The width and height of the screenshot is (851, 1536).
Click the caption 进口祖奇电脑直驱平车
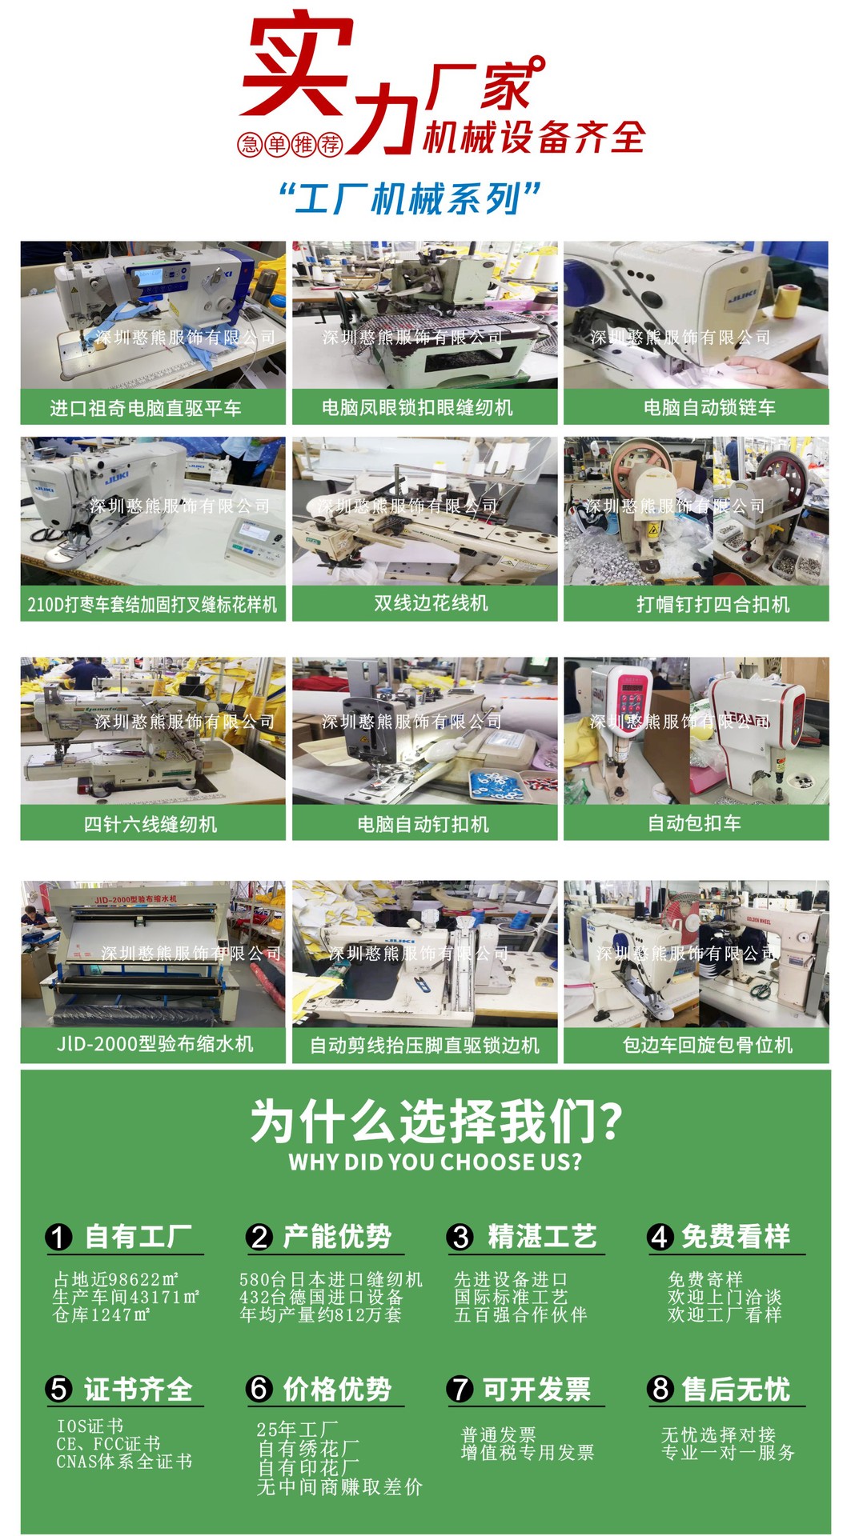tap(146, 408)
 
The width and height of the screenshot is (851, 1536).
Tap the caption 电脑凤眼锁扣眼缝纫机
tap(417, 408)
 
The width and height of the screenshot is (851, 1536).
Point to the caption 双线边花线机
tap(431, 603)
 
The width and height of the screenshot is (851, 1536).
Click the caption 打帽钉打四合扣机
tap(713, 604)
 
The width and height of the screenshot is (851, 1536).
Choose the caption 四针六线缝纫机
tap(151, 824)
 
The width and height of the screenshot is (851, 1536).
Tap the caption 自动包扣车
tap(694, 823)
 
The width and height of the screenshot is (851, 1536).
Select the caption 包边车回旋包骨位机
tap(708, 1045)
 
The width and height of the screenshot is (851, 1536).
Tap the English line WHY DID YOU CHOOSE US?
tap(436, 1162)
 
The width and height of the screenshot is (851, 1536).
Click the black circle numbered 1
tap(58, 1238)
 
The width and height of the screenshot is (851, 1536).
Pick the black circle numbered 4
tap(660, 1238)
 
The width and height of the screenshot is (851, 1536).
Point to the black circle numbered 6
tap(259, 1388)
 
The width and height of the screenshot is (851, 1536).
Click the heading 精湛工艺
tap(542, 1237)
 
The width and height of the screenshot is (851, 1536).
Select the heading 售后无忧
tap(736, 1389)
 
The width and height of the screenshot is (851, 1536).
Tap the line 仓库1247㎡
tap(102, 1315)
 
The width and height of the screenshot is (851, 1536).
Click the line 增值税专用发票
tap(528, 1453)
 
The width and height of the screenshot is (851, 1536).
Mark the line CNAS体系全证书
tap(124, 1462)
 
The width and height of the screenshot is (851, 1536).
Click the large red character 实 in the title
tap(297, 64)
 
